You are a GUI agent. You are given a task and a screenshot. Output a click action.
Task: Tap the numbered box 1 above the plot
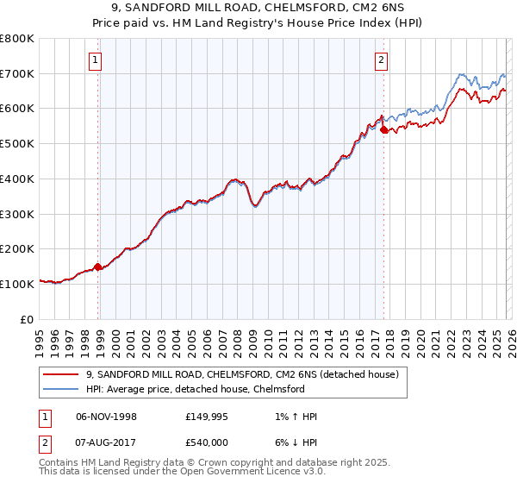tap(95, 60)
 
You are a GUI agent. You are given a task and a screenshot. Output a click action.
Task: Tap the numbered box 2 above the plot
tap(380, 60)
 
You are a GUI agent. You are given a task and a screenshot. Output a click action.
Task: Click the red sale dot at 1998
tap(97, 267)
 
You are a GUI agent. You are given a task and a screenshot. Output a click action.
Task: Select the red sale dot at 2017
tap(383, 129)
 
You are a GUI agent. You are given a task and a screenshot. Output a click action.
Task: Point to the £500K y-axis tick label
tap(17, 144)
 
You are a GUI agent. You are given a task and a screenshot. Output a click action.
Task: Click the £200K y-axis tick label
tap(17, 249)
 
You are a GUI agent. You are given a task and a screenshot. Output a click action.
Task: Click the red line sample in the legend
tap(62, 375)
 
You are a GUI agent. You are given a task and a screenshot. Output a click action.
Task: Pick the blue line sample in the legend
tap(62, 389)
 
